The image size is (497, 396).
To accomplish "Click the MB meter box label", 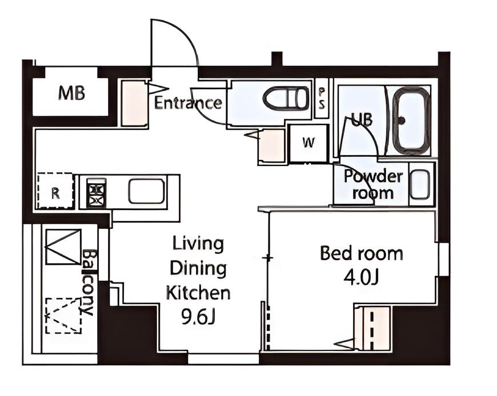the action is click(x=71, y=94).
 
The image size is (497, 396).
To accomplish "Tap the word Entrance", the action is click(x=188, y=103).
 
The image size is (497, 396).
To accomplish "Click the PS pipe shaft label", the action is click(x=322, y=99).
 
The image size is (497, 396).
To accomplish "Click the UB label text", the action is click(x=362, y=120).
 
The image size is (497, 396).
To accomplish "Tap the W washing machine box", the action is click(x=308, y=143).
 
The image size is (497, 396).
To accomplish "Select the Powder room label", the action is click(x=374, y=184).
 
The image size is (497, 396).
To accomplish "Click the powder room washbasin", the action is click(x=420, y=184).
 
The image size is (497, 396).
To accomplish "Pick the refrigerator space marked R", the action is click(x=56, y=191).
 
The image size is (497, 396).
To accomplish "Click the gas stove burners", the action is click(x=97, y=192).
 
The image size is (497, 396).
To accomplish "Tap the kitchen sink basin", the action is click(x=147, y=191).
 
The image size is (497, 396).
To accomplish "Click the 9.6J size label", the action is click(x=198, y=317).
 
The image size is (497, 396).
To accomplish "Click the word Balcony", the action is click(x=89, y=282).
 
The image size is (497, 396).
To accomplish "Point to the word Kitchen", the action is click(x=198, y=293).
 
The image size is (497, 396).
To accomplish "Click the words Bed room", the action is click(x=362, y=253).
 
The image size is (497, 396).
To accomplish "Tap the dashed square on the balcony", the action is click(x=63, y=316).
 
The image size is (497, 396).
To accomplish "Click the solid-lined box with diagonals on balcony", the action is click(x=63, y=247).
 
